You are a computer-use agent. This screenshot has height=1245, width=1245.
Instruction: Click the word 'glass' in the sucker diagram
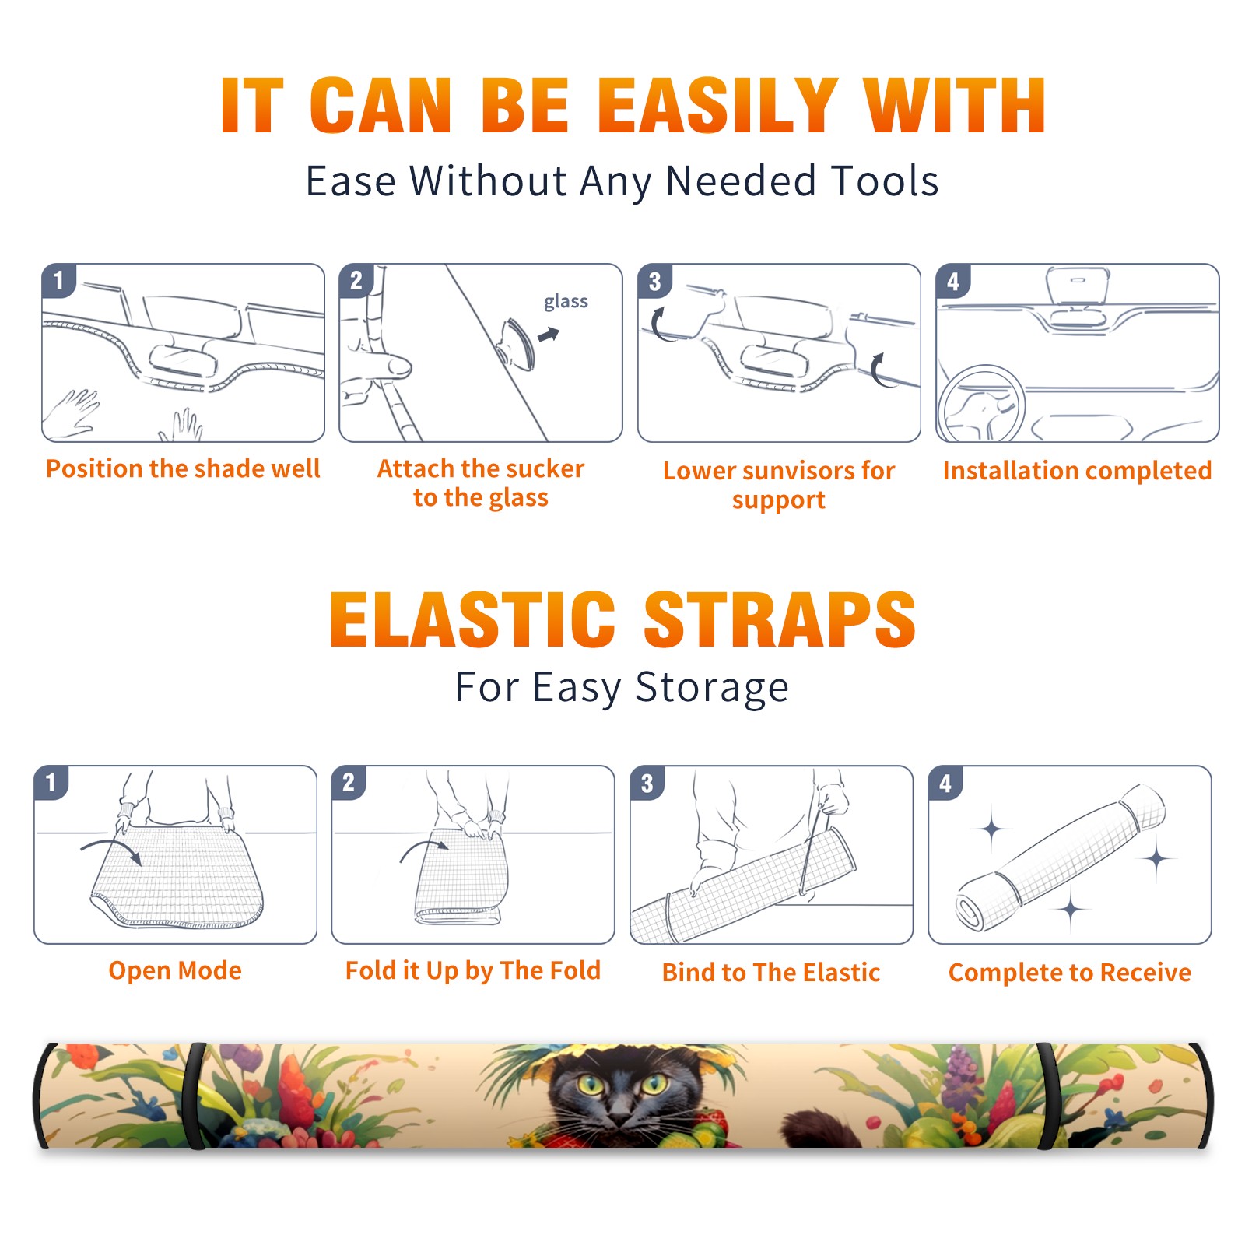(566, 302)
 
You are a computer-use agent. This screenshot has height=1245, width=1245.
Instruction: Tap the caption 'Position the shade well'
(183, 468)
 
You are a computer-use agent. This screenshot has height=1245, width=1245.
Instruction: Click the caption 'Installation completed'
(1077, 471)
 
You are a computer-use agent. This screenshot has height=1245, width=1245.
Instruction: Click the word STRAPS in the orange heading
(780, 619)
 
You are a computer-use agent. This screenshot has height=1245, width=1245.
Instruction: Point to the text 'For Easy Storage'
(622, 687)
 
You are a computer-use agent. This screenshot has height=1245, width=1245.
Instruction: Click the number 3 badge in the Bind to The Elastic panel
(647, 783)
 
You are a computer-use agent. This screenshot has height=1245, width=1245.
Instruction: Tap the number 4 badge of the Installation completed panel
(953, 281)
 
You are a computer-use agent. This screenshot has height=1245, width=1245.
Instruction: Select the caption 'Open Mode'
(175, 970)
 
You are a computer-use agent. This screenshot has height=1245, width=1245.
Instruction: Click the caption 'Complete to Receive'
(1070, 973)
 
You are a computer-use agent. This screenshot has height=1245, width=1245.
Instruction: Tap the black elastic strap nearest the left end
(195, 1096)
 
